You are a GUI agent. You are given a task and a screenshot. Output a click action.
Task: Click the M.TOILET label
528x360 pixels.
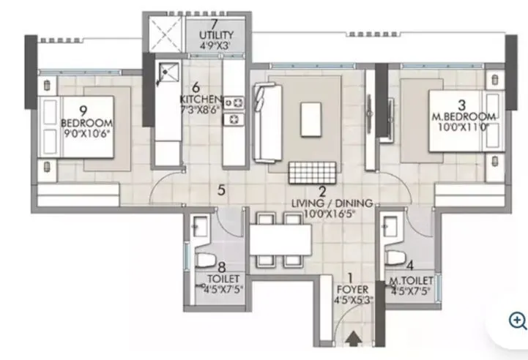coord(410,281)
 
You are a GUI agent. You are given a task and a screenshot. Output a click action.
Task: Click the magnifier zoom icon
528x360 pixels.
coord(518,320)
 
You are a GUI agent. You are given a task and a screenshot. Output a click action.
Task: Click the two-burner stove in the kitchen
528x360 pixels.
coord(235,110)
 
